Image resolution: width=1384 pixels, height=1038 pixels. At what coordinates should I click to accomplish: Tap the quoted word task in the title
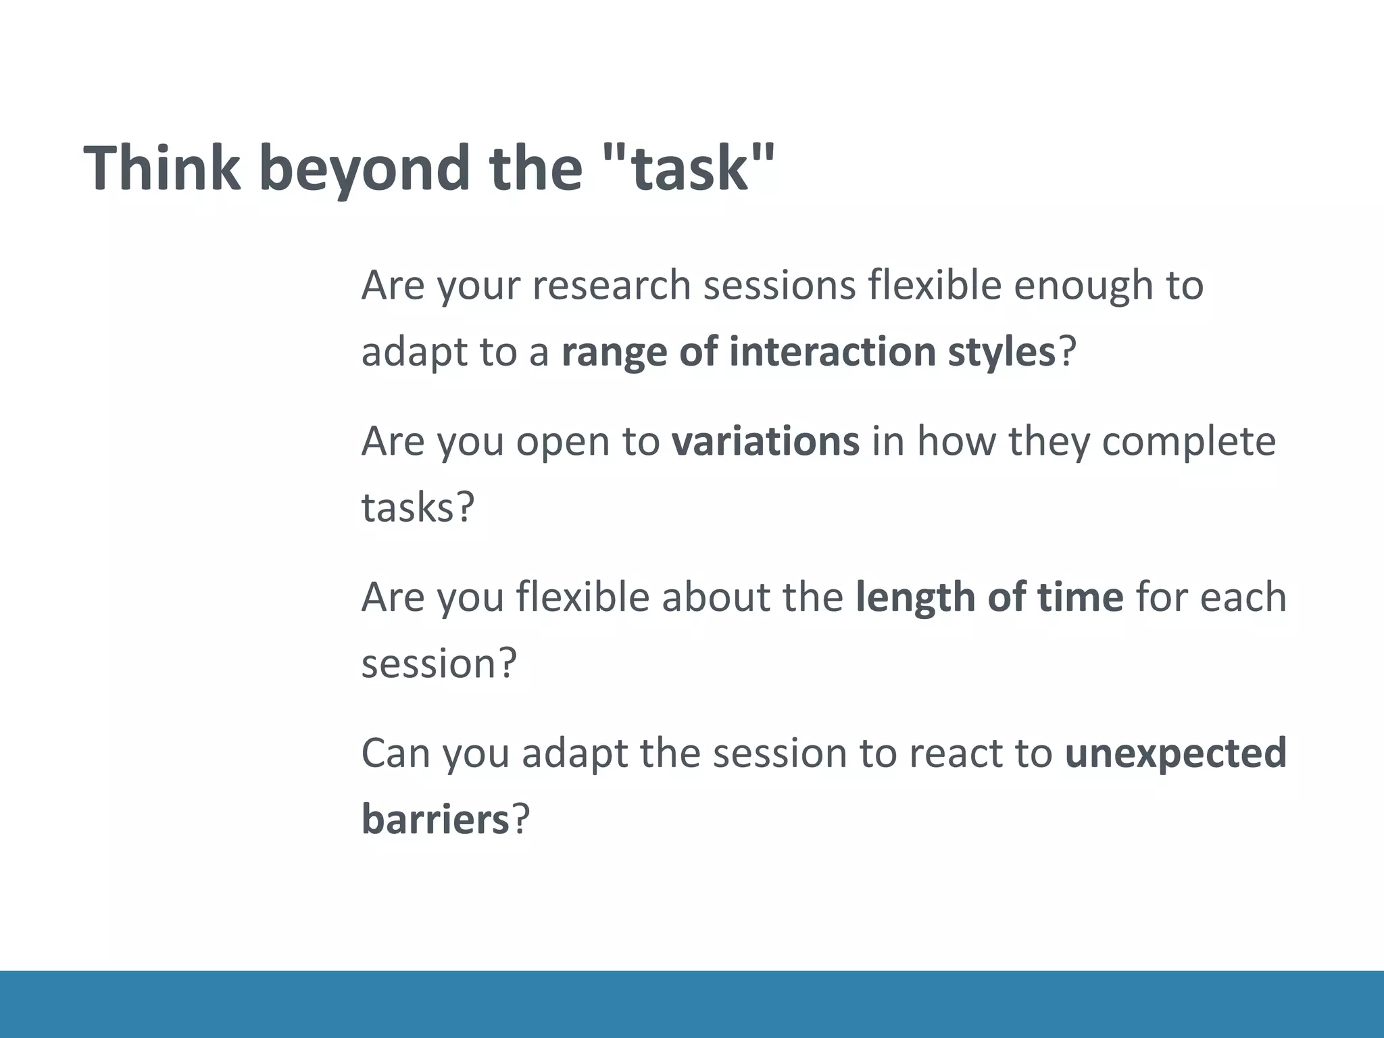click(x=690, y=169)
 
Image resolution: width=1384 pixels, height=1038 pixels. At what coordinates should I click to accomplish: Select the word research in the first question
click(x=611, y=285)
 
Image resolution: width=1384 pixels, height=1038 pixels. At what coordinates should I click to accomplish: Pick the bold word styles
click(x=1000, y=353)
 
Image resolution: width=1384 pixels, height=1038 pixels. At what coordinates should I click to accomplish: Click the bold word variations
click(x=765, y=441)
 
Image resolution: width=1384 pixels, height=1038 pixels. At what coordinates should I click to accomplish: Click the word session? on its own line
click(x=439, y=663)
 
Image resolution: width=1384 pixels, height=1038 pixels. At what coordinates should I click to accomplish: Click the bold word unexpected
click(x=1175, y=753)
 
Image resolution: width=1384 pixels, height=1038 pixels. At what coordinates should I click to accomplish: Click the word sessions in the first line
click(x=780, y=285)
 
